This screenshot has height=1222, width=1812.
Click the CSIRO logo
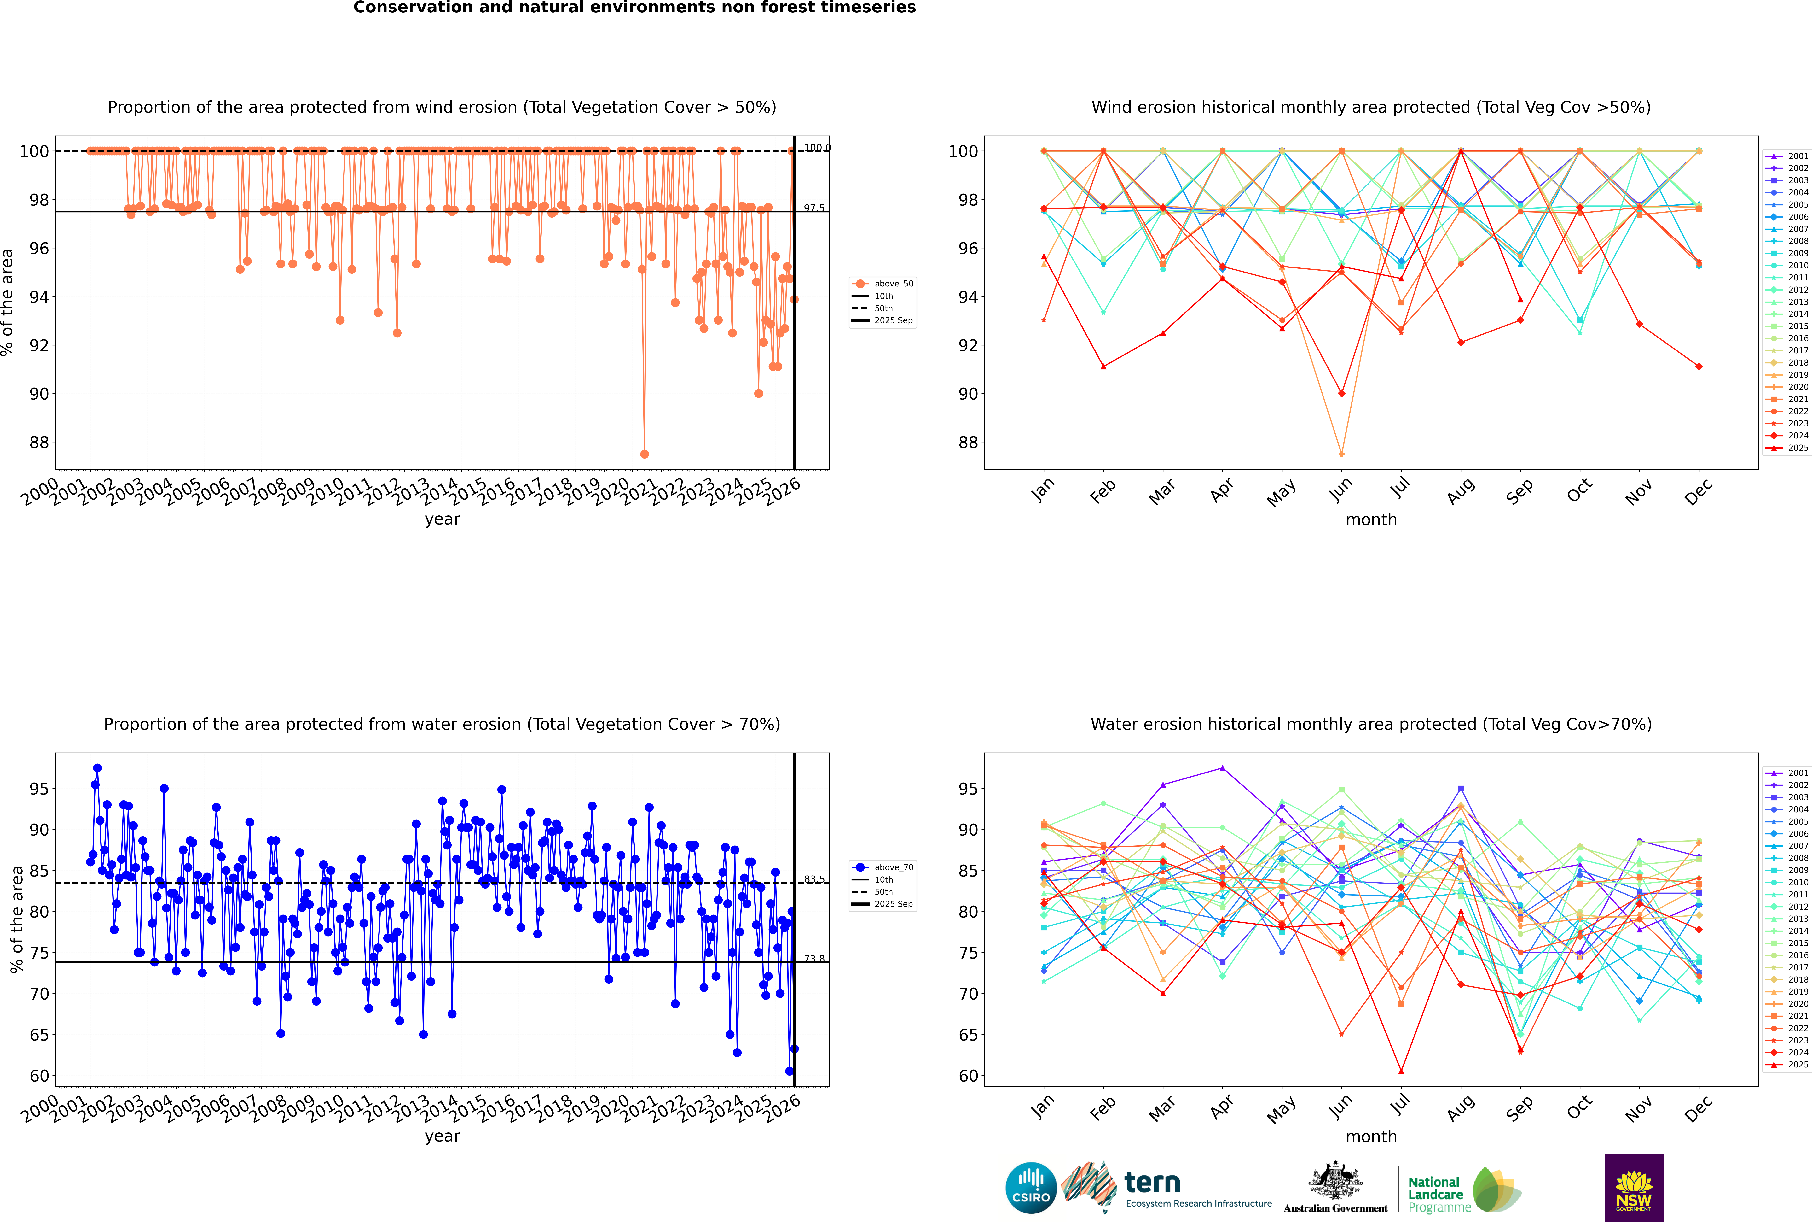(1031, 1188)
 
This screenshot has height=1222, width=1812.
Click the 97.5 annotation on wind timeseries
(814, 208)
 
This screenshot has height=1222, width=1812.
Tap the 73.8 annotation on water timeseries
(814, 959)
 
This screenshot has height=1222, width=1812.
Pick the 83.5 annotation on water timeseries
(814, 879)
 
